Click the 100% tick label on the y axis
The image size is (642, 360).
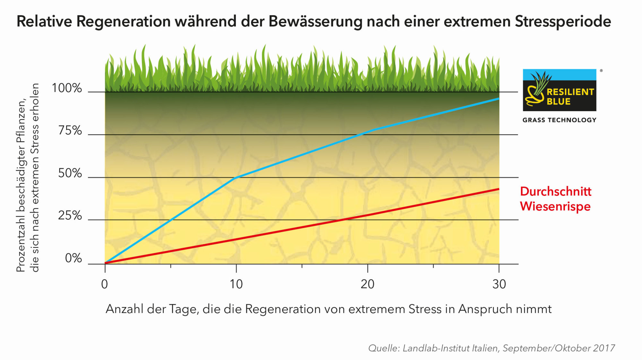(x=67, y=88)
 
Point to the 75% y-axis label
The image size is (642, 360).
(x=70, y=131)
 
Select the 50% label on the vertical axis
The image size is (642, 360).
(x=70, y=173)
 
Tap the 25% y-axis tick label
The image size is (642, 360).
(x=70, y=216)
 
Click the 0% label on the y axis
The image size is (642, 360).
(x=73, y=258)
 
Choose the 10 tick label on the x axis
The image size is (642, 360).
(x=236, y=284)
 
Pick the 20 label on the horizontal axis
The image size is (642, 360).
(x=367, y=284)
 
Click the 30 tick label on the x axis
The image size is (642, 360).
(x=499, y=284)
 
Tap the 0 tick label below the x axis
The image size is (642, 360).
(x=104, y=284)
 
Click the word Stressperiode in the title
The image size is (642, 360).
(x=563, y=22)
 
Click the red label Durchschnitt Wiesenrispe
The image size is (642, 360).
(x=555, y=198)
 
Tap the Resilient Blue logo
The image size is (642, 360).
(x=559, y=90)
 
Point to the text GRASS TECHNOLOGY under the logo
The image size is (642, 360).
(x=559, y=120)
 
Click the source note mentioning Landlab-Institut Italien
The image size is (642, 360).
(x=491, y=348)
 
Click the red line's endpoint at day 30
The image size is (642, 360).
(x=499, y=189)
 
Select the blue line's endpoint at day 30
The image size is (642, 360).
(x=499, y=99)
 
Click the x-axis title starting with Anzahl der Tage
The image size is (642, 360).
(x=328, y=309)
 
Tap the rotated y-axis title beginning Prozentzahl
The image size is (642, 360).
(x=28, y=178)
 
